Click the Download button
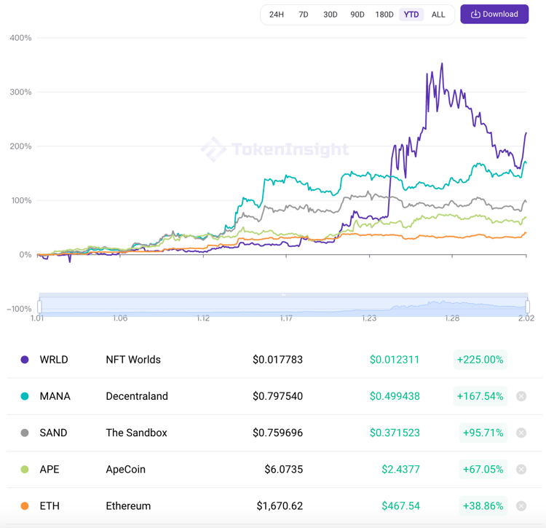pyautogui.click(x=494, y=15)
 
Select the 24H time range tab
pyautogui.click(x=277, y=15)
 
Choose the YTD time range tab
pyautogui.click(x=411, y=15)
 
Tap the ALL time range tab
pyautogui.click(x=438, y=15)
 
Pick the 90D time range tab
pyautogui.click(x=357, y=15)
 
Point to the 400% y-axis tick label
pyautogui.click(x=20, y=38)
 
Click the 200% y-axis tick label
pyautogui.click(x=20, y=146)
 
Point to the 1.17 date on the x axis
pyautogui.click(x=286, y=318)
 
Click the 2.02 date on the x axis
pyautogui.click(x=526, y=318)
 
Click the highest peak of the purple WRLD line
pyautogui.click(x=442, y=64)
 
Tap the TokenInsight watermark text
pyautogui.click(x=290, y=150)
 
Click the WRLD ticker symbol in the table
pyautogui.click(x=55, y=360)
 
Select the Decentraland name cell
pyautogui.click(x=137, y=396)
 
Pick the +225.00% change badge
pyautogui.click(x=480, y=360)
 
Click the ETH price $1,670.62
pyautogui.click(x=280, y=505)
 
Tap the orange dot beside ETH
pyautogui.click(x=25, y=505)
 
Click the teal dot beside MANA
pyautogui.click(x=25, y=396)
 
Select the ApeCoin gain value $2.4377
pyautogui.click(x=400, y=469)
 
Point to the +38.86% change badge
pyautogui.click(x=483, y=505)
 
